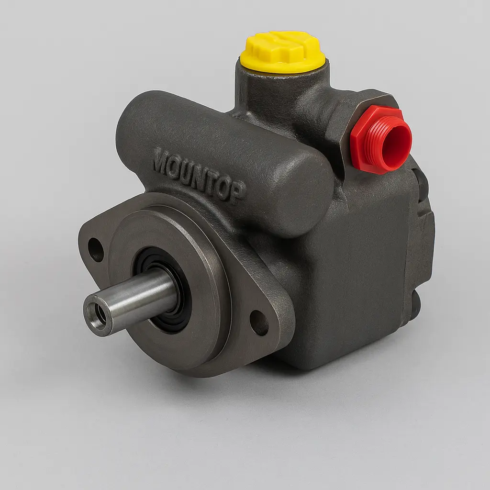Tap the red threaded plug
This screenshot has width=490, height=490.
point(380,138)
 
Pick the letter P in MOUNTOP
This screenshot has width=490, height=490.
point(239,193)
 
